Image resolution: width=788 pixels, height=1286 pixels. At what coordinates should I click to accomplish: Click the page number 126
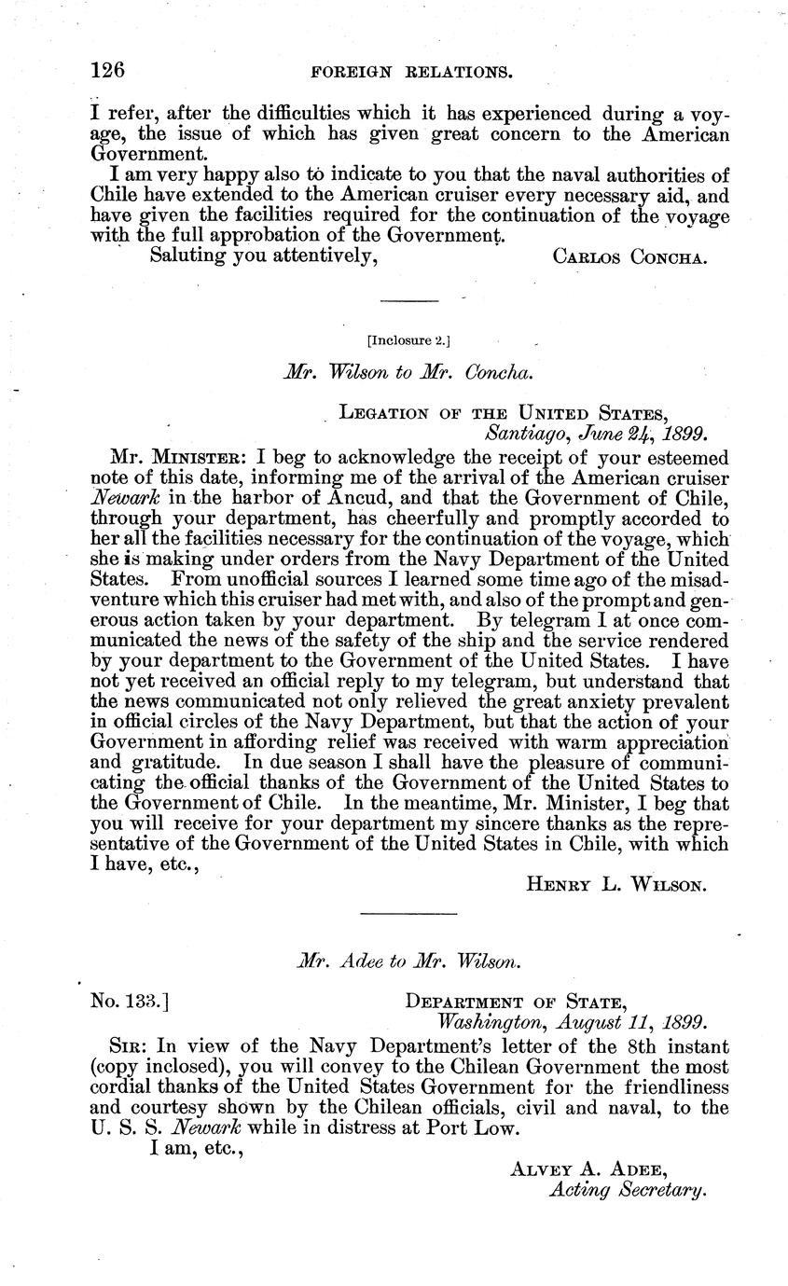tap(108, 70)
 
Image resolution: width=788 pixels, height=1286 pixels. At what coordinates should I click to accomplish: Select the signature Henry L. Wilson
tap(617, 883)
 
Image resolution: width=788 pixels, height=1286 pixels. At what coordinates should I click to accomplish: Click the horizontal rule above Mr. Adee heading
tap(394, 913)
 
